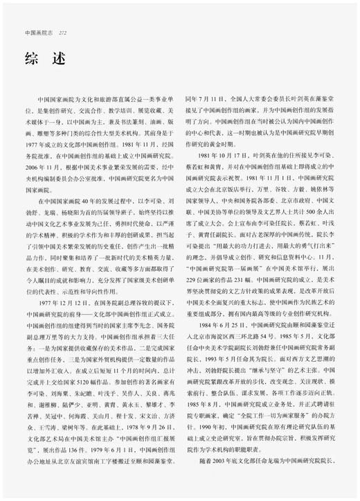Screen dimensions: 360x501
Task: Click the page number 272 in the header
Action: (x=62, y=32)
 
